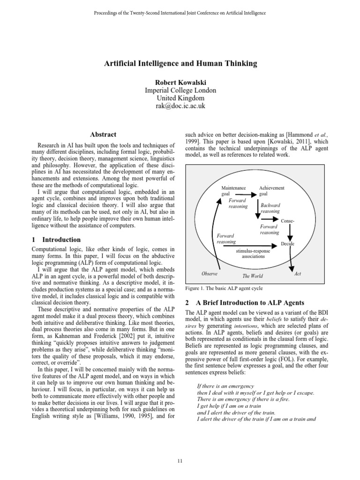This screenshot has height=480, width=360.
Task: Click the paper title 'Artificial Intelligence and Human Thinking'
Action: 180,63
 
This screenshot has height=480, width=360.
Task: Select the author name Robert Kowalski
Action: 180,82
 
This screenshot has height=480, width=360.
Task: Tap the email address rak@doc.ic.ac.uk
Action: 180,106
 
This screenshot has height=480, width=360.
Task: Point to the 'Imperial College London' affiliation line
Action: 180,90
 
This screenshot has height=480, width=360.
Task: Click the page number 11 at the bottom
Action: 180,461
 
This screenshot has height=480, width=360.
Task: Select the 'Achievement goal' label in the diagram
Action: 271,190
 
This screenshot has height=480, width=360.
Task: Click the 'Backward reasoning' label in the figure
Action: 270,208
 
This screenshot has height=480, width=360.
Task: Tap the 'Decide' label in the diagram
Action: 287,244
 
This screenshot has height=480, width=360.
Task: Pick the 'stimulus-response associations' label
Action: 253,254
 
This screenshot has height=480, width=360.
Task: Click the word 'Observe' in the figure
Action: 210,273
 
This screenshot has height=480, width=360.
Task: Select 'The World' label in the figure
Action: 252,276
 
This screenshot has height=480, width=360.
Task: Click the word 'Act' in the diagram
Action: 297,273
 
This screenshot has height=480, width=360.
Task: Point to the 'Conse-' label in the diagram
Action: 287,221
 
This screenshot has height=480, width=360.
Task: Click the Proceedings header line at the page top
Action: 180,13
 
